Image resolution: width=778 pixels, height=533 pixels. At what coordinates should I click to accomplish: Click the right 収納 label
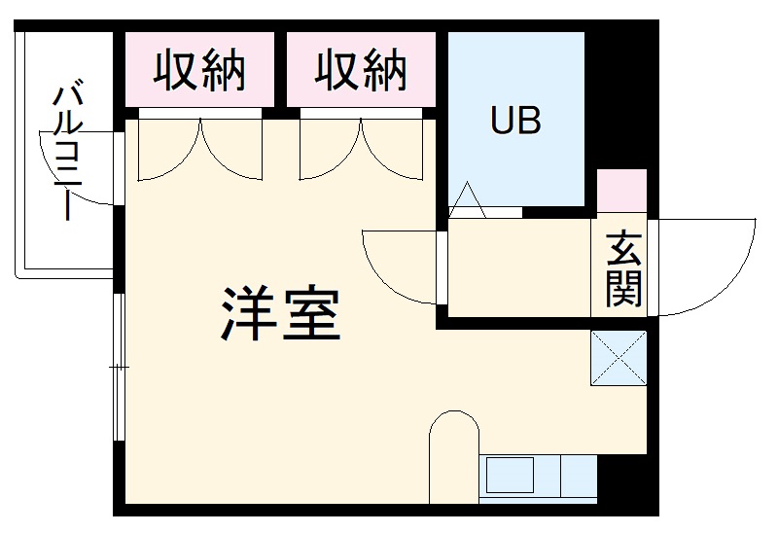(x=360, y=71)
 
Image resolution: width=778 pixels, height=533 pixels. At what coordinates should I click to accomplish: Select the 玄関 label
(x=622, y=268)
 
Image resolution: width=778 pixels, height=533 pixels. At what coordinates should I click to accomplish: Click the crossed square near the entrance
(x=619, y=357)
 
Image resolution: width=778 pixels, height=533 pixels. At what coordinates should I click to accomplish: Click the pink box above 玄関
(x=620, y=191)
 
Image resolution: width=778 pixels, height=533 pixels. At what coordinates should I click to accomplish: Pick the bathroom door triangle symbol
(x=467, y=201)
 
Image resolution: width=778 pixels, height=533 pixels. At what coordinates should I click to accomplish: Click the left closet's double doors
(x=199, y=151)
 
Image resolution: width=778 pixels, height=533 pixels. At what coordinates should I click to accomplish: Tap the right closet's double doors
(x=361, y=151)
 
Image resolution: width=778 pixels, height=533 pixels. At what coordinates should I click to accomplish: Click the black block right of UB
(x=620, y=97)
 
